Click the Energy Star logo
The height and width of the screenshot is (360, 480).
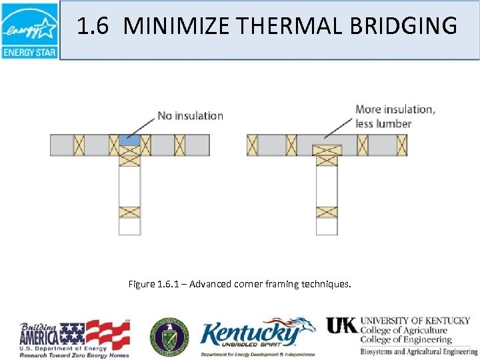(29, 30)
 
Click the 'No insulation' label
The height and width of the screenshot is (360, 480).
(190, 115)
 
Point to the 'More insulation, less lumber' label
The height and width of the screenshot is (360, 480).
(395, 117)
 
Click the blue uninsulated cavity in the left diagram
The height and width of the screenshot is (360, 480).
(130, 140)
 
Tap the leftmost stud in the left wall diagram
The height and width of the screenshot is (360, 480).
(79, 145)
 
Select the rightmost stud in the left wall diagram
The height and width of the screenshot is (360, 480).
(180, 145)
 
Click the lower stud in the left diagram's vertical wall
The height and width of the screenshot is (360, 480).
(129, 212)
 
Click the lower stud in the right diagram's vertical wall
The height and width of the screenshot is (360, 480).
(327, 212)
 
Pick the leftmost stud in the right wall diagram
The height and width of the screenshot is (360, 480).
(252, 145)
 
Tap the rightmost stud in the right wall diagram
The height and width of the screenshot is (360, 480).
(401, 145)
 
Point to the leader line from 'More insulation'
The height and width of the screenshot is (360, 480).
(339, 129)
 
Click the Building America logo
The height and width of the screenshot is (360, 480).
(73, 337)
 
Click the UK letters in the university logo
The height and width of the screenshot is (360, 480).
(341, 325)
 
